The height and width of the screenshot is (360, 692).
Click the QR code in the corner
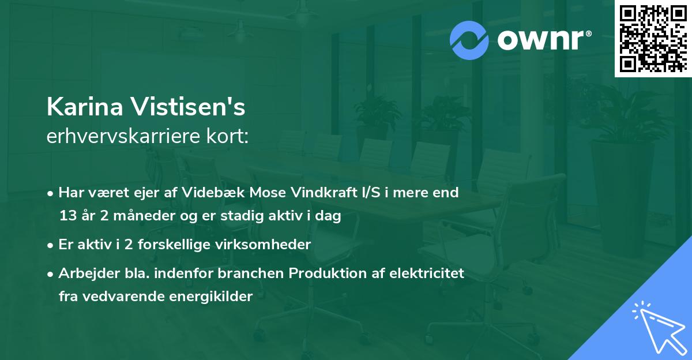(x=653, y=38)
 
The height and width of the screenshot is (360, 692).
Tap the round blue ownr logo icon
(x=470, y=40)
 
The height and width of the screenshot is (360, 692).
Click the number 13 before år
(x=67, y=216)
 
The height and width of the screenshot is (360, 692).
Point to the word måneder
(x=145, y=216)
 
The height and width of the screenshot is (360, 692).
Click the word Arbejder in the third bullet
(x=84, y=273)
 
